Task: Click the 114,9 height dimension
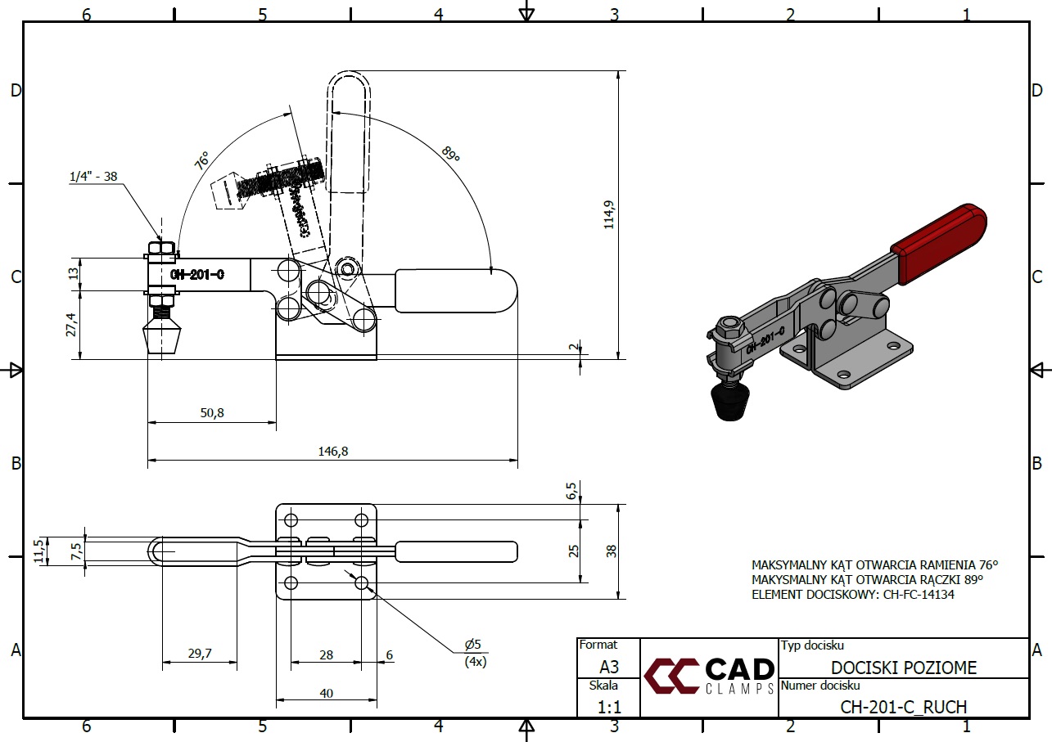coord(609,214)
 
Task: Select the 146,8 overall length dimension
coord(332,451)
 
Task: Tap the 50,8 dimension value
coord(211,413)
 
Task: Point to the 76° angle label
coord(201,159)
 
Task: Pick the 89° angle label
coord(449,154)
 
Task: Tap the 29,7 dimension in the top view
coord(199,653)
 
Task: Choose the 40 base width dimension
coord(327,693)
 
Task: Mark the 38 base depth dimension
coord(612,551)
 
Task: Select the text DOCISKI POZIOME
coord(904,668)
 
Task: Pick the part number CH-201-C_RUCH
coord(904,706)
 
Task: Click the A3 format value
coord(609,666)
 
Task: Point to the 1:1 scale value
coord(609,705)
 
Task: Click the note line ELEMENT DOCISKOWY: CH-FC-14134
coord(852,595)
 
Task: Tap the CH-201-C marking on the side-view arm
coord(197,275)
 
